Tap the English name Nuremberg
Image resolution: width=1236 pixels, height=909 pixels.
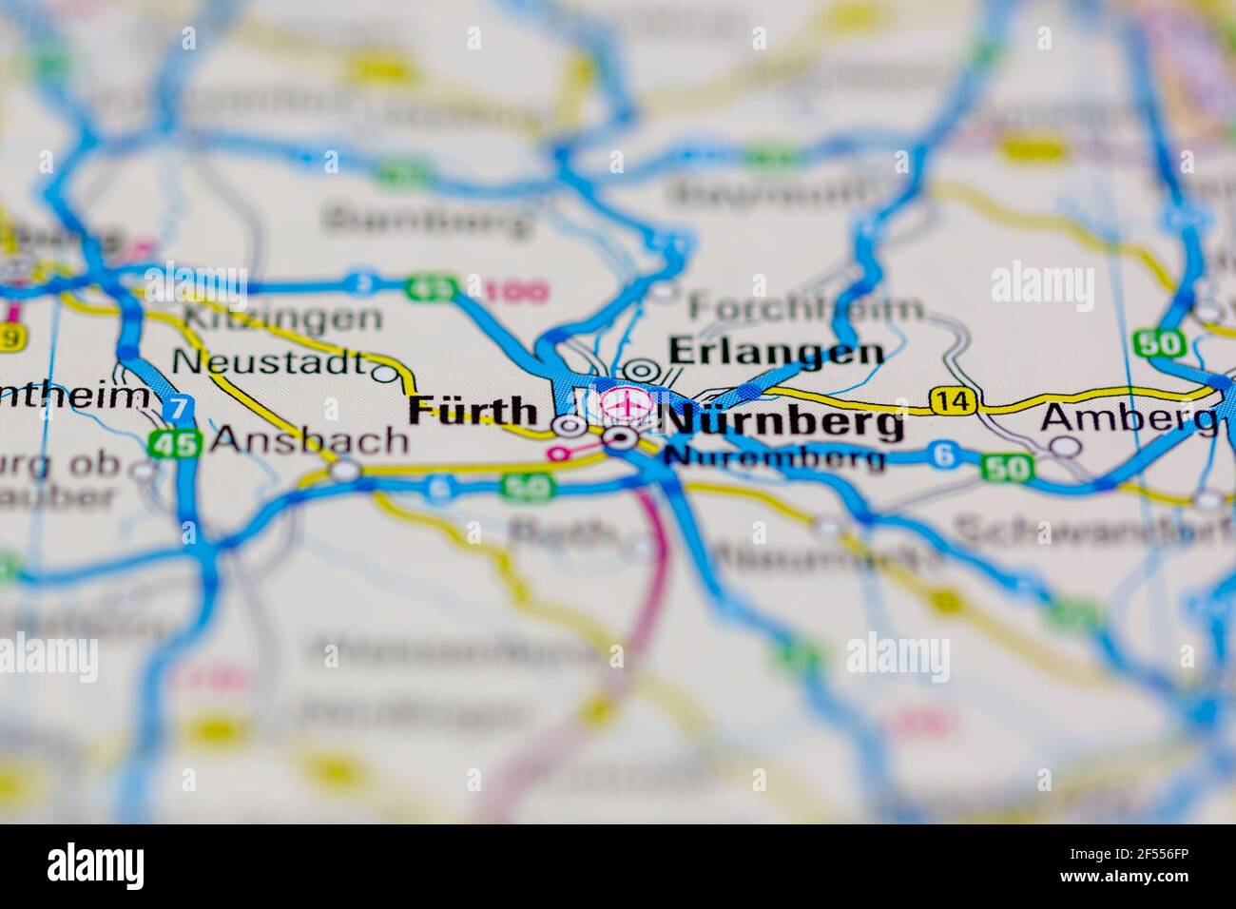pos(775,458)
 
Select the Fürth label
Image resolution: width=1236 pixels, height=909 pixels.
pos(473,412)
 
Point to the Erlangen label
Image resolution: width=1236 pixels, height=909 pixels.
pos(776,353)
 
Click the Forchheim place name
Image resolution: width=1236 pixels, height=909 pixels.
pos(806,307)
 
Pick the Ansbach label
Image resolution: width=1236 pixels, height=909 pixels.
pos(310,439)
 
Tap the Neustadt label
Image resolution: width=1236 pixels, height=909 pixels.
pos(269,362)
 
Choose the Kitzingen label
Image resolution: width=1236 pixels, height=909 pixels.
pos(283,318)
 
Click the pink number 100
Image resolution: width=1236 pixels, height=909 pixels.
pos(516,291)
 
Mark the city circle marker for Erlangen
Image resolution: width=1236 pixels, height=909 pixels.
pos(642,372)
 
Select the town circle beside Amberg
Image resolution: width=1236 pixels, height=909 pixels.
pos(1068,446)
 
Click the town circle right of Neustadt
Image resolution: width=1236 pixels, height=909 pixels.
pos(386,374)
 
